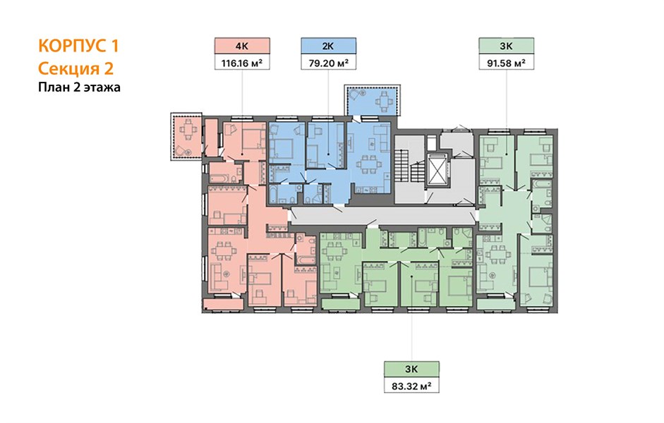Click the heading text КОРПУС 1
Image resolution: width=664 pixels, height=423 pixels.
click(x=78, y=45)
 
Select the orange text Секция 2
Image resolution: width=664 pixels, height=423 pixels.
click(x=76, y=68)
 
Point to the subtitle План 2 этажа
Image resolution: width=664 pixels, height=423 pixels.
click(x=79, y=87)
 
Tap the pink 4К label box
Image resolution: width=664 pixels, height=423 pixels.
click(x=242, y=46)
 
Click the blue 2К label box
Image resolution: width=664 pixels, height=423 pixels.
click(x=329, y=46)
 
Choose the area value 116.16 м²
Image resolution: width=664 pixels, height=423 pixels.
click(x=242, y=63)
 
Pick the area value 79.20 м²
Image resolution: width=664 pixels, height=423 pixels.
click(x=329, y=63)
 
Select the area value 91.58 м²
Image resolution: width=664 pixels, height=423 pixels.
click(x=507, y=63)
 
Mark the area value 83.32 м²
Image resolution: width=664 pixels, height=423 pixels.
click(x=411, y=386)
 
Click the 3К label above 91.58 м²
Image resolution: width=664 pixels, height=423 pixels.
click(x=507, y=46)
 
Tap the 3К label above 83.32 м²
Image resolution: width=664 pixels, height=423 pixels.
click(x=411, y=369)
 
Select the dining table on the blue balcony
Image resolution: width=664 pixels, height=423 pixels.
click(x=384, y=102)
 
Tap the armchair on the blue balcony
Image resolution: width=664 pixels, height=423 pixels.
click(x=354, y=94)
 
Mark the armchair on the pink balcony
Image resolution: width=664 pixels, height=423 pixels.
click(x=183, y=150)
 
